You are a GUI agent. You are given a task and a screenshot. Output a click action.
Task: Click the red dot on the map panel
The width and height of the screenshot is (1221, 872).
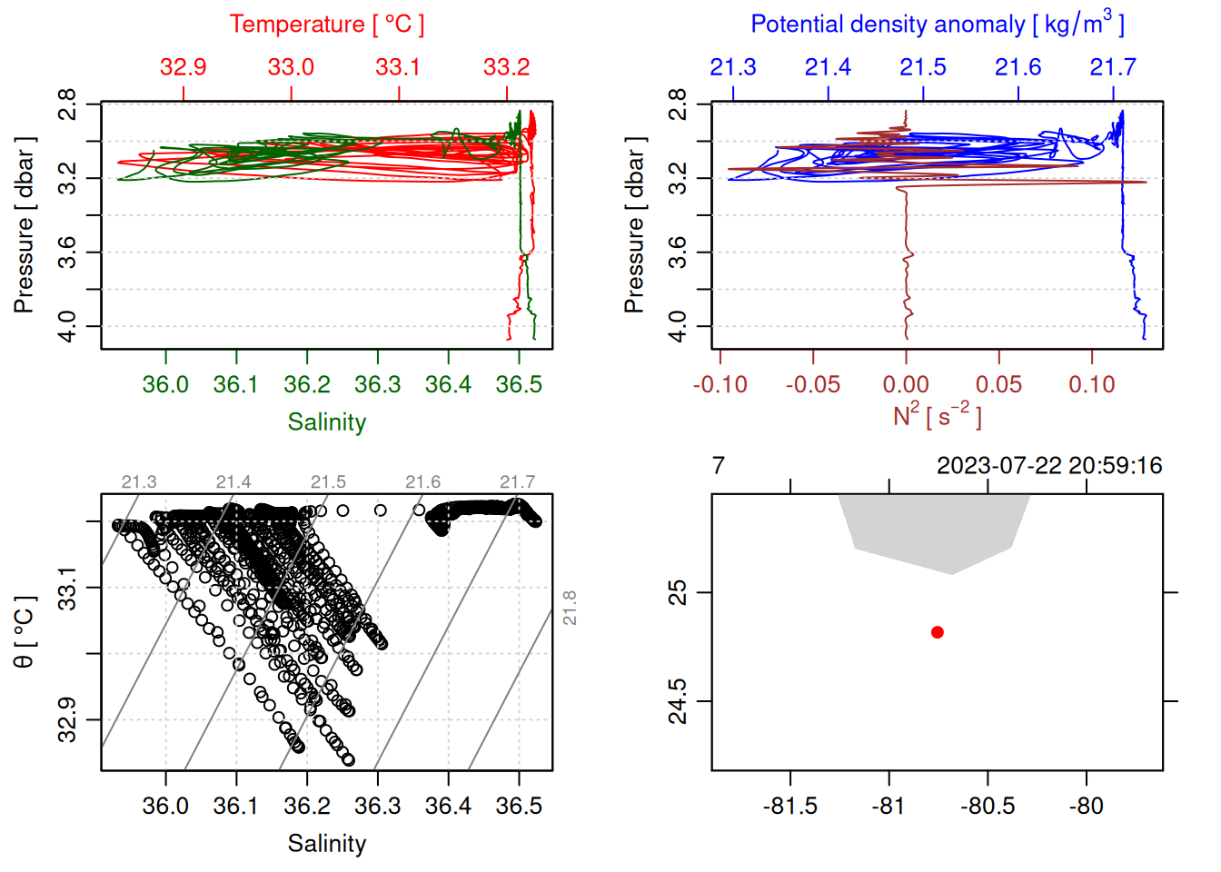pos(937,632)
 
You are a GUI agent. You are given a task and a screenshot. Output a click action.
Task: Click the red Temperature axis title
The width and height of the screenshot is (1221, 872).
pos(326,25)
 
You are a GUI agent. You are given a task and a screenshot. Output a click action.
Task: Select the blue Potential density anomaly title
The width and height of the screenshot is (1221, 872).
pos(937,24)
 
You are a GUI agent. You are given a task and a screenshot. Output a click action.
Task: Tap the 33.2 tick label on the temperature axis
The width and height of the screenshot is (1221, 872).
pos(506,67)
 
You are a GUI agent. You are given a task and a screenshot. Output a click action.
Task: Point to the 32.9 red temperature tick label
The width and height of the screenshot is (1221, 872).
pos(184,67)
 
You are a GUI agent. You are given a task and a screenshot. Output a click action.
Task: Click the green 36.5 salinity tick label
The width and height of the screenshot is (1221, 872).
pos(519,384)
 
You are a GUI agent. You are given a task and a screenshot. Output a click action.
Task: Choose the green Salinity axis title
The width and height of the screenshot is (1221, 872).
pos(326,422)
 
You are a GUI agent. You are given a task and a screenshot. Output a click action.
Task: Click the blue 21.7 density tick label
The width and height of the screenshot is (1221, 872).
pos(1113,67)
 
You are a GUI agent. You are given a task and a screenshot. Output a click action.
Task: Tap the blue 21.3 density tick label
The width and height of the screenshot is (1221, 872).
pos(732,67)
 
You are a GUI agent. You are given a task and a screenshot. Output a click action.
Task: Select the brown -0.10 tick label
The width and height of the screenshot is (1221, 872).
pos(720,384)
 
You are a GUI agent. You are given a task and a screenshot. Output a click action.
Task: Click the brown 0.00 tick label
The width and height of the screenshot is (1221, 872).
pos(906,384)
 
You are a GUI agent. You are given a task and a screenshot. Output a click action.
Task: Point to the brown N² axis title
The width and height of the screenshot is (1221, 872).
pos(937,415)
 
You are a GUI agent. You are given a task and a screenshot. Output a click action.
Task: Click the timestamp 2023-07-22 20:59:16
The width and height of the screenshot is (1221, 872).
pos(1049,466)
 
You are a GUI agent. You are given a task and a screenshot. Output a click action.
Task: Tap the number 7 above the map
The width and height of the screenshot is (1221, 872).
pos(719,466)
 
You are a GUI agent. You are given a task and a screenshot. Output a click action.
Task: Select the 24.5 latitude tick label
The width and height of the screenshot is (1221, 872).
pos(678,701)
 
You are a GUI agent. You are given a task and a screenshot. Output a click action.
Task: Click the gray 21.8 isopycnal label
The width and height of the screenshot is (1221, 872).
pos(570,608)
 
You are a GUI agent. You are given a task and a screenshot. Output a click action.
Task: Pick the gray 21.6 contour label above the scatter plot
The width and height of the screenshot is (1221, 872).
pos(422,482)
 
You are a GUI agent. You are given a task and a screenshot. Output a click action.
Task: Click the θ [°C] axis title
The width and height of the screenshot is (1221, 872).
pos(24,632)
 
